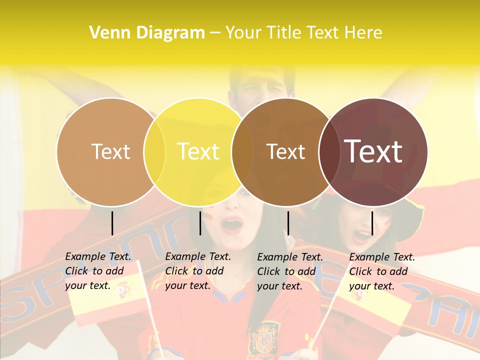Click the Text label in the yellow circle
(x=198, y=151)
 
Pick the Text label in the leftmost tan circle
(x=111, y=151)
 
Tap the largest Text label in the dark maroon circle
(x=373, y=151)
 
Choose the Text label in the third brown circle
(x=286, y=151)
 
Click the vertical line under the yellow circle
(x=200, y=223)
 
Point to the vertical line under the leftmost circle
(x=112, y=223)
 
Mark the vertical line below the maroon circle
(x=372, y=223)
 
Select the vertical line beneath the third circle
(x=288, y=223)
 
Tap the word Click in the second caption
(x=177, y=271)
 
